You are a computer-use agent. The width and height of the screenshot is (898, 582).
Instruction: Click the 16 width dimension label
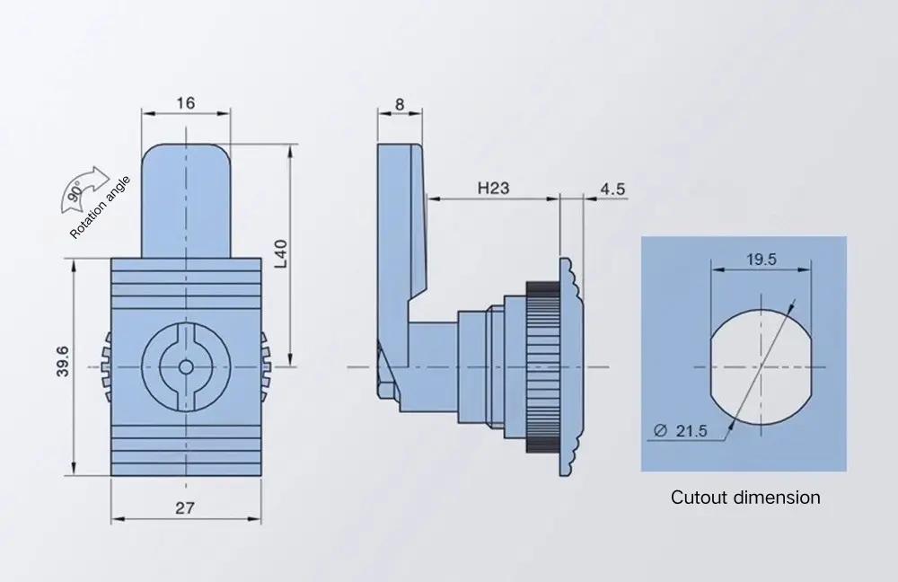click(x=185, y=102)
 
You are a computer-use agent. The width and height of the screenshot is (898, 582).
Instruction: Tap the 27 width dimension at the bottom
click(x=185, y=507)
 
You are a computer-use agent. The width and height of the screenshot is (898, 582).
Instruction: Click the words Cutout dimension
click(x=745, y=497)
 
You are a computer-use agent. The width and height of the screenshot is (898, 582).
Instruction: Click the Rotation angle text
click(x=101, y=207)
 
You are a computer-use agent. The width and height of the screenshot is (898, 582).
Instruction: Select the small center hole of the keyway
click(x=185, y=366)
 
